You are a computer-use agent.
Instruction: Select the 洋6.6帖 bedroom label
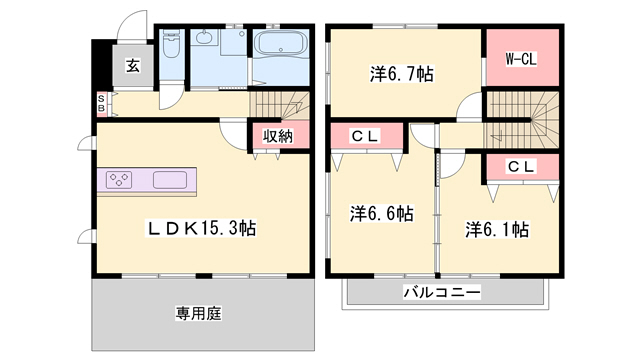(x=381, y=213)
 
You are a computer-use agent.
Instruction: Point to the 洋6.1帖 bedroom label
(x=496, y=229)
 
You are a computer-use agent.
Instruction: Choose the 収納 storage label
(x=277, y=136)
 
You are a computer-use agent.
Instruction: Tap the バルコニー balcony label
(x=442, y=292)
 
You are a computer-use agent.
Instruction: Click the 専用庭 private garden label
(x=199, y=313)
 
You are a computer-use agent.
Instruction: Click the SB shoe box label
(x=101, y=103)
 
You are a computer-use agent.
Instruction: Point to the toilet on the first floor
(x=170, y=46)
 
